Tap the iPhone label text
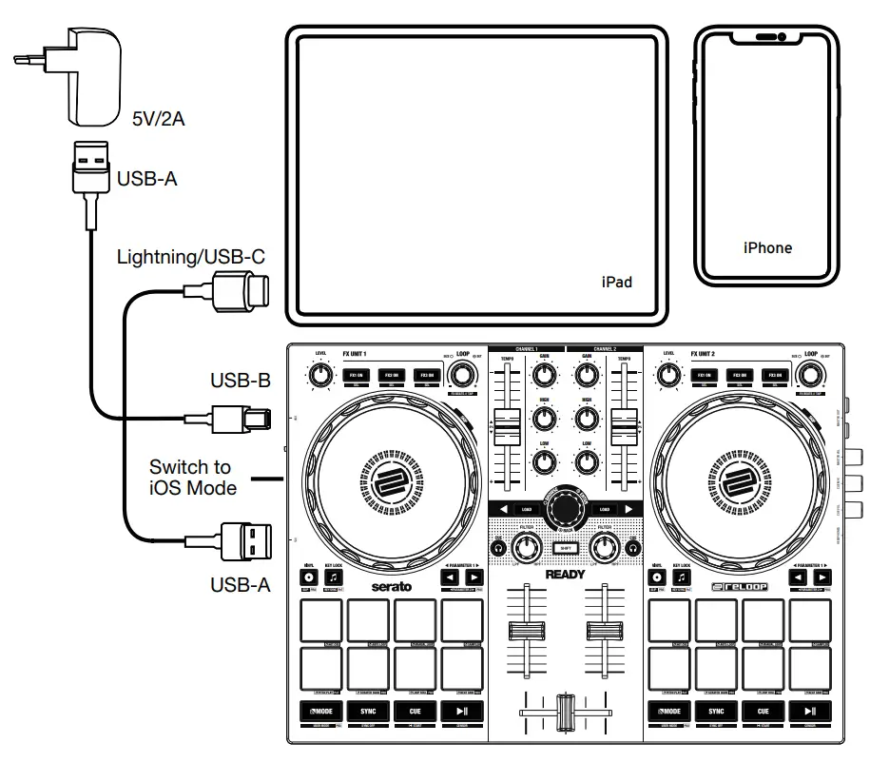click(767, 247)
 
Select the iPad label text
click(616, 283)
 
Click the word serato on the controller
click(391, 586)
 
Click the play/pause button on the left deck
click(461, 711)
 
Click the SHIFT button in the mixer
click(566, 547)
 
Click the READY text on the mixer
click(566, 575)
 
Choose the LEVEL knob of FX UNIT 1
click(320, 376)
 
